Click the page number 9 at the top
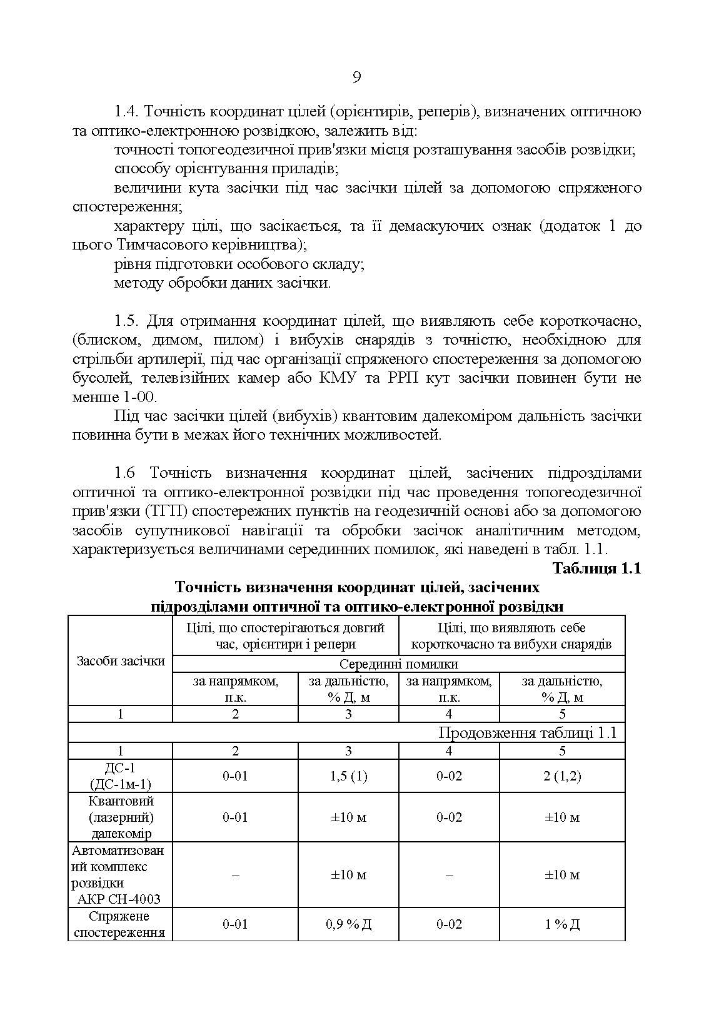356,78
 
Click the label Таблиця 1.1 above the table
596,568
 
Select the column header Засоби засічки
121,661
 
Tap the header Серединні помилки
398,664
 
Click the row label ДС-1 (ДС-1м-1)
121,776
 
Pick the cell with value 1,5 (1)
348,776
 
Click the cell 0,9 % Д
348,924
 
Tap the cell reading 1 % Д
562,924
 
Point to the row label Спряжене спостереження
121,924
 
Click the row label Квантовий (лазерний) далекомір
121,817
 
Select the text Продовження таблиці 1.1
527,732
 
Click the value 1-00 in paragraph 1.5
139,397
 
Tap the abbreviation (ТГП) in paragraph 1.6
163,512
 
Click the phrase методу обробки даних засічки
223,283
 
